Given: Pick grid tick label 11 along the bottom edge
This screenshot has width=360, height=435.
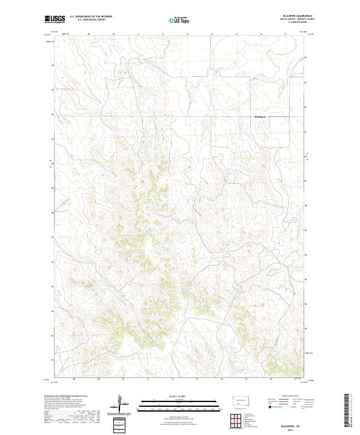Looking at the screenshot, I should (x=148, y=380).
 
